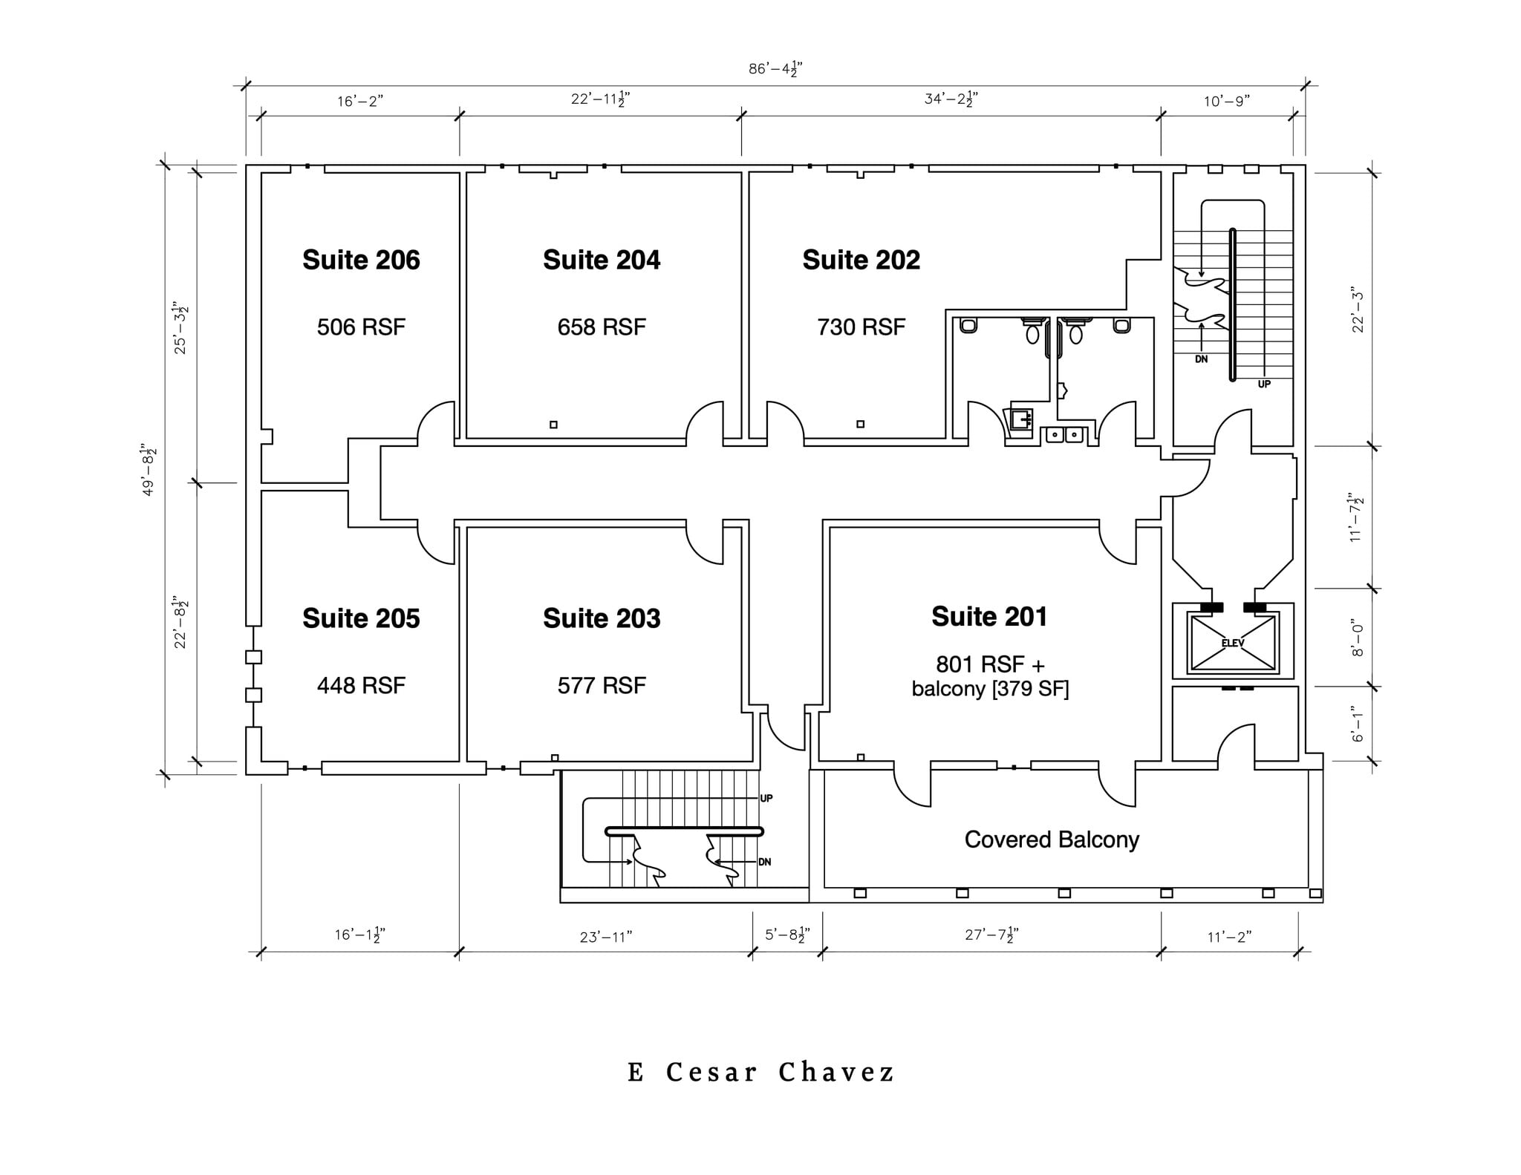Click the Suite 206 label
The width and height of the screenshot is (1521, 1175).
361,260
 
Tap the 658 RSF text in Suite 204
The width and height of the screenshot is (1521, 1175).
602,327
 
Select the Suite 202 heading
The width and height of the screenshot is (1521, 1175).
861,260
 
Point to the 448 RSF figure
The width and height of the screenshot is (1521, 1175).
361,685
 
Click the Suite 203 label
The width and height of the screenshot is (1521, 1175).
602,618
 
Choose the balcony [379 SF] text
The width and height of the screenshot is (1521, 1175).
990,689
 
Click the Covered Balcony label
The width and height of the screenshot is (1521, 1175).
1052,839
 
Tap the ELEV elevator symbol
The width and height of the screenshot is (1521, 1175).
1233,643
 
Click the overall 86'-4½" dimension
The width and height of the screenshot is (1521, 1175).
775,70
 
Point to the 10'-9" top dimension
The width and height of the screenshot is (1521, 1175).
1227,101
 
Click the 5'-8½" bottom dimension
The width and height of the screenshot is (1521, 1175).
787,935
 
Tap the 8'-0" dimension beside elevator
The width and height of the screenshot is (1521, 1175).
1358,638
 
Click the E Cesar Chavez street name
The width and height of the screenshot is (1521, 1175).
761,1073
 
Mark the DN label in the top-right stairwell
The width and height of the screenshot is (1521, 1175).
1201,359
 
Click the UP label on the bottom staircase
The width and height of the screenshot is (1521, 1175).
766,798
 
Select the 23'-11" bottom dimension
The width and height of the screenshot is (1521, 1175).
605,937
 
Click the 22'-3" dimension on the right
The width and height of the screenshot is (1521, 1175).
1358,310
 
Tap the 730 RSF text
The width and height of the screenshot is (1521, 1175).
861,327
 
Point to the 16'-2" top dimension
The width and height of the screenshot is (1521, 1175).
359,101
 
